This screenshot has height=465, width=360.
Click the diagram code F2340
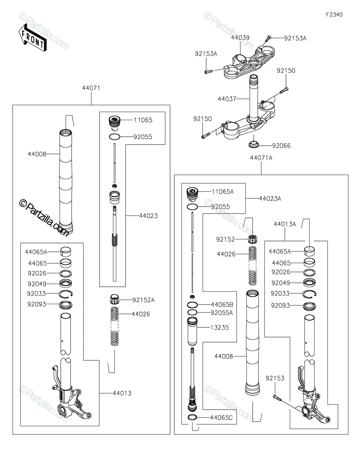(x=334, y=15)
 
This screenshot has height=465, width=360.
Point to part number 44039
(x=240, y=38)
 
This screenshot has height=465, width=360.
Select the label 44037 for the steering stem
(x=227, y=99)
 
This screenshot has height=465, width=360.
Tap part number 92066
(x=281, y=146)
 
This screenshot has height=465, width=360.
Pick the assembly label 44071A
(x=261, y=158)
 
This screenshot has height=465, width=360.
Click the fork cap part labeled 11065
(x=114, y=122)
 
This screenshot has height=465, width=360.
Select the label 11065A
(x=222, y=191)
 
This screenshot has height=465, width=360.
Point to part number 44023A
(x=270, y=198)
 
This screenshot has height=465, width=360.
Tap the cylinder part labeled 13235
(x=193, y=331)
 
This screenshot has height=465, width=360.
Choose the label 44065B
(x=222, y=304)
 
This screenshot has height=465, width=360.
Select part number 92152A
(x=144, y=300)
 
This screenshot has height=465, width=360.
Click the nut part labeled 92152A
(x=114, y=300)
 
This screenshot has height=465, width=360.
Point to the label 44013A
(x=285, y=224)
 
